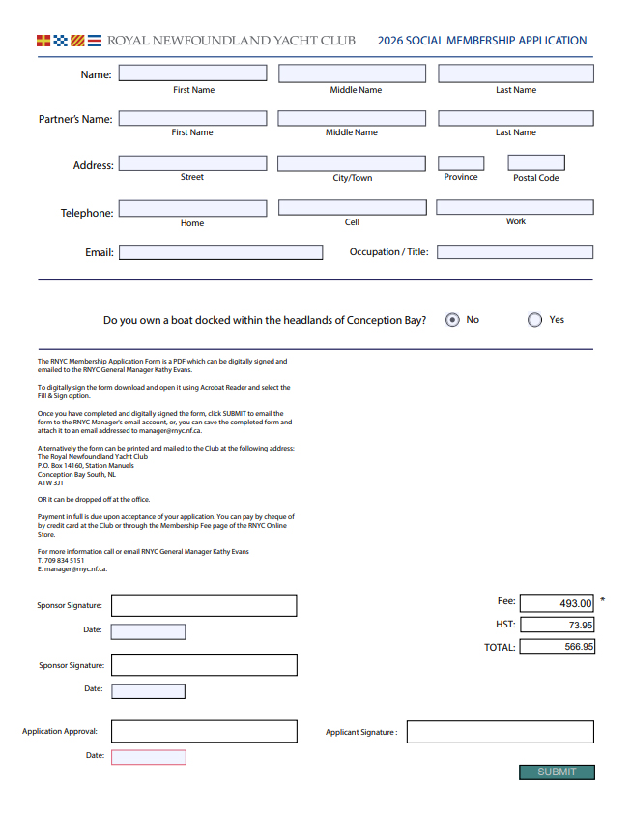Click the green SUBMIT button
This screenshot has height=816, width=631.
tap(557, 772)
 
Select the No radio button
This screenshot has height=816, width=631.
tap(452, 320)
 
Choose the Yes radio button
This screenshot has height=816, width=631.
tap(534, 320)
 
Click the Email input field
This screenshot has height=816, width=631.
tap(220, 252)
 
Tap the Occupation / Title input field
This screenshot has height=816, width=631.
tap(515, 252)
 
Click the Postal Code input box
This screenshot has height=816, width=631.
tap(536, 163)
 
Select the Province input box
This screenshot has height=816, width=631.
tap(461, 163)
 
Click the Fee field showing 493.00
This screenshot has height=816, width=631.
tap(557, 603)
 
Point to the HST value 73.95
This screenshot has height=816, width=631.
tap(557, 626)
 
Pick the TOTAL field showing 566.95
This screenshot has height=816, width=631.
tap(557, 647)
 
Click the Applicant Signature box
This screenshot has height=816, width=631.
tap(500, 732)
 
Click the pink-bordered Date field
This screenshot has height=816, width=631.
tap(149, 756)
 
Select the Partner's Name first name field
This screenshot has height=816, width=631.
tap(192, 118)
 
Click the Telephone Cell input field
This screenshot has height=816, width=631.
tap(352, 207)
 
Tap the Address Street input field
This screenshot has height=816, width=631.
tap(192, 163)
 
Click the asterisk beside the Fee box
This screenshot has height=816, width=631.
tap(603, 600)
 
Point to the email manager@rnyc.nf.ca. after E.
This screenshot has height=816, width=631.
tap(76, 569)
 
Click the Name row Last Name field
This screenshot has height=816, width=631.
tap(516, 73)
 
